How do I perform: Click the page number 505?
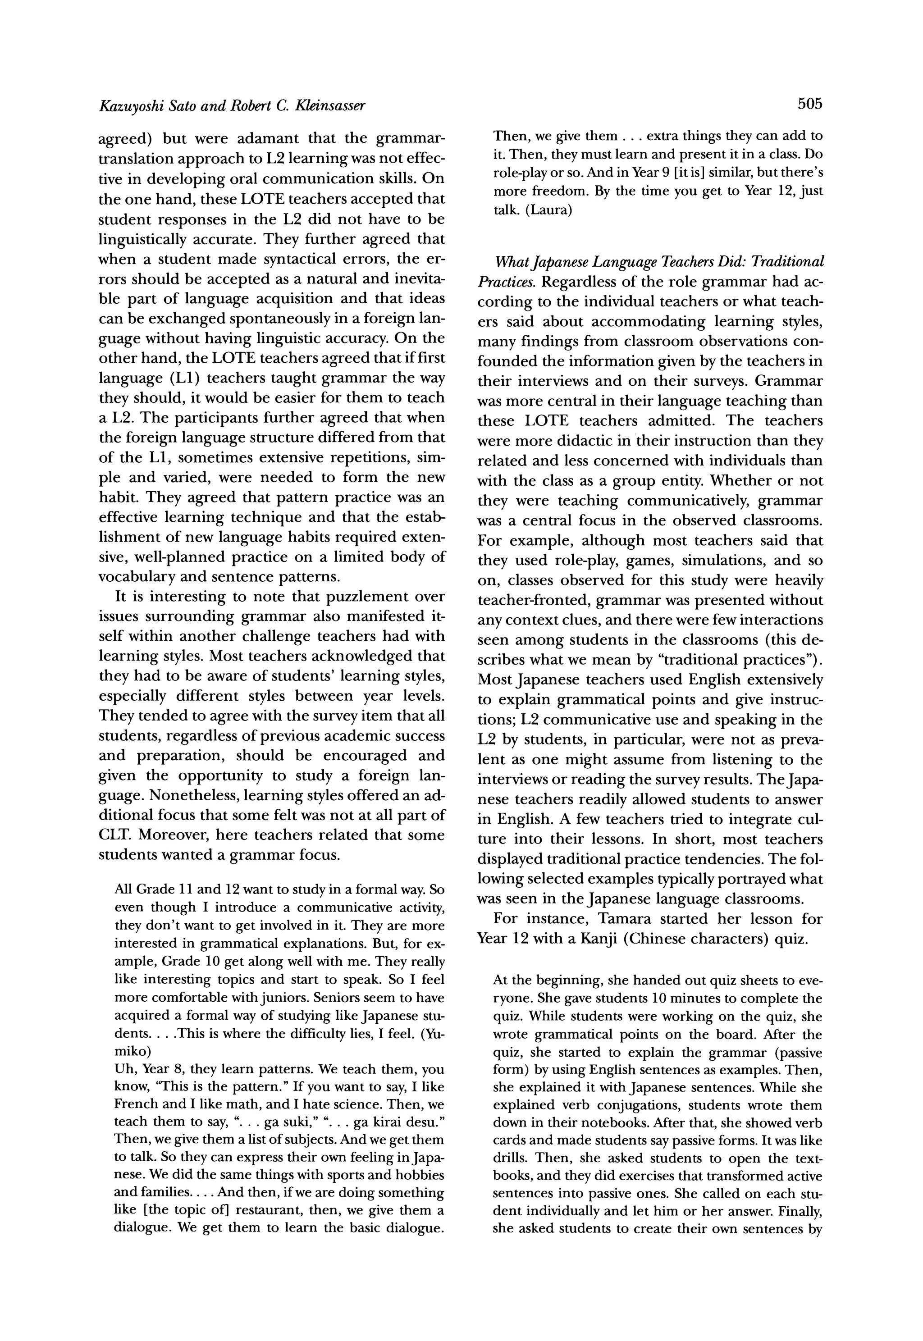[x=809, y=104]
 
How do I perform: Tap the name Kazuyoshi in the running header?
[x=129, y=106]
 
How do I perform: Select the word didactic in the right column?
[x=585, y=441]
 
